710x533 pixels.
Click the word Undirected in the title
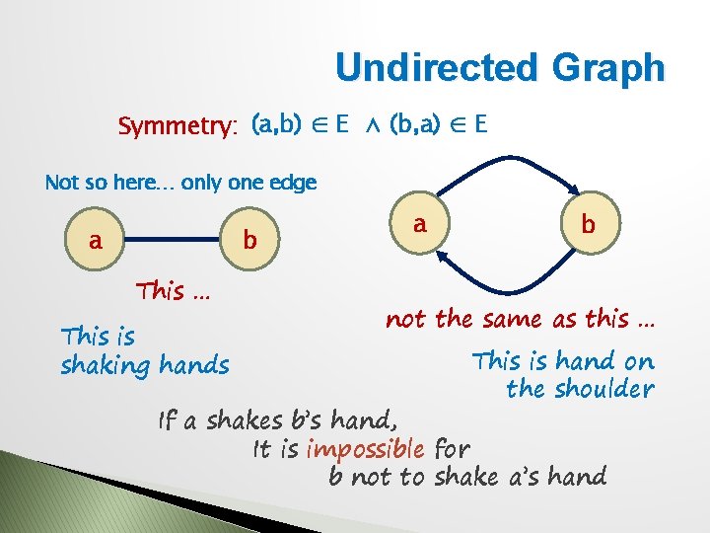click(428, 68)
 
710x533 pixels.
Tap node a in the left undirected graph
click(96, 240)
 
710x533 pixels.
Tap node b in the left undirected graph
click(249, 240)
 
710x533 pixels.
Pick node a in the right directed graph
click(419, 225)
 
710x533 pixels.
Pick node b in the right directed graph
click(588, 225)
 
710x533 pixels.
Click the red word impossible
click(365, 449)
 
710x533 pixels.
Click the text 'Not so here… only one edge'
click(180, 183)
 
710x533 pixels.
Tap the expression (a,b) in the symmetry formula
click(276, 125)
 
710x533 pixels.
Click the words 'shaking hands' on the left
click(144, 365)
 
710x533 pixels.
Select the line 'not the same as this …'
click(520, 319)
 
